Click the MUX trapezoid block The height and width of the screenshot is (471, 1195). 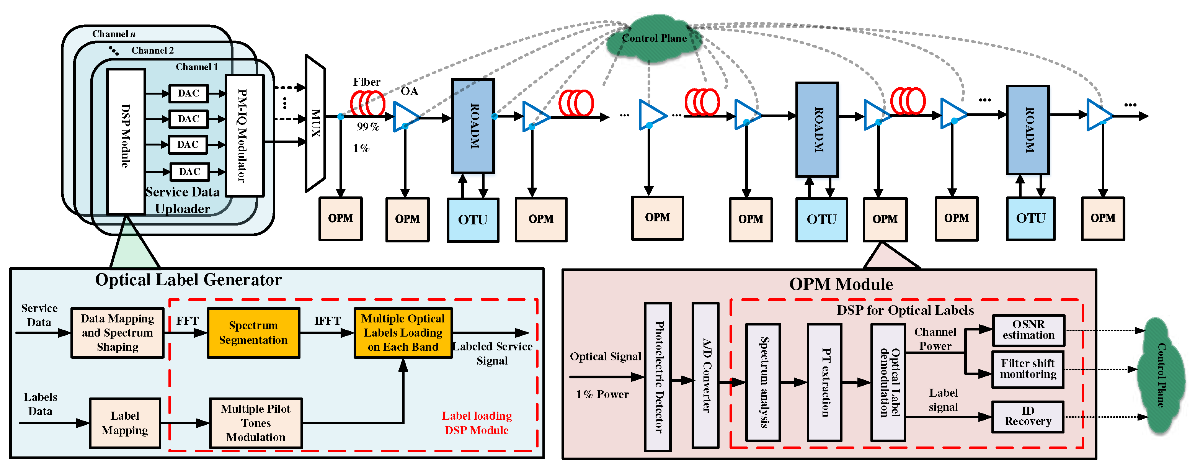(x=315, y=123)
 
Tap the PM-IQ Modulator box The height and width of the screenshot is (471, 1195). (x=245, y=136)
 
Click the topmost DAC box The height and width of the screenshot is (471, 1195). (x=188, y=93)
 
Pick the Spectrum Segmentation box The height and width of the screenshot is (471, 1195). (x=253, y=333)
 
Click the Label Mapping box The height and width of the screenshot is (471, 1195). (x=125, y=423)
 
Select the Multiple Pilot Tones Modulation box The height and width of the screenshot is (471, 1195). (x=256, y=423)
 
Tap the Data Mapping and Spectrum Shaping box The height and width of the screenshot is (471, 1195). (x=118, y=333)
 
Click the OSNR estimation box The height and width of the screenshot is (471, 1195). (x=1028, y=330)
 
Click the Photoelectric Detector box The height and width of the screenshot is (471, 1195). (x=658, y=376)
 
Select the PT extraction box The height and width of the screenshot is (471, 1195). (x=824, y=382)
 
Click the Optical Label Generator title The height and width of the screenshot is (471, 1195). (x=188, y=280)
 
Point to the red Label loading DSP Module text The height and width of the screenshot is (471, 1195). (x=477, y=423)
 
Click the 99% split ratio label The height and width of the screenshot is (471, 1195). (x=368, y=127)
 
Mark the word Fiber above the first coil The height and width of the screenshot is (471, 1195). (x=366, y=82)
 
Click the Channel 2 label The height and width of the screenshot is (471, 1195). (x=152, y=50)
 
